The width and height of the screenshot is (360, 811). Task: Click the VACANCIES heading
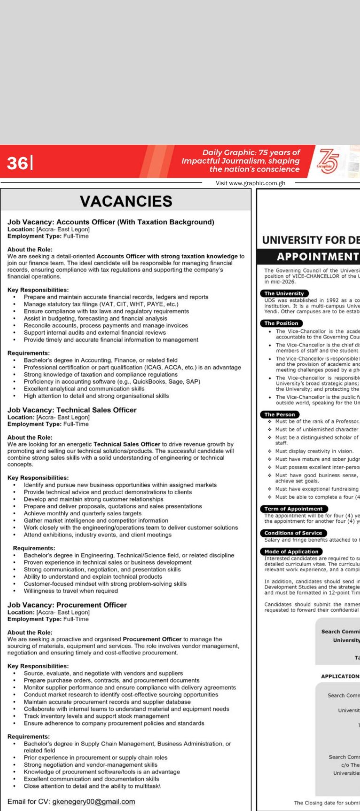click(126, 201)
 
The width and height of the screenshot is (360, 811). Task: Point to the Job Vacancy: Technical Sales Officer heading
click(72, 410)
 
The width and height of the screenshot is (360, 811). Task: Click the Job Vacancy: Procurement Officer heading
click(67, 605)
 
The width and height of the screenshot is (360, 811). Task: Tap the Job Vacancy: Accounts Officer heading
click(110, 222)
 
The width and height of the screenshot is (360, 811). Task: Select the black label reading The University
click(284, 293)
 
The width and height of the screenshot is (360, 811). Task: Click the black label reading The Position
click(281, 323)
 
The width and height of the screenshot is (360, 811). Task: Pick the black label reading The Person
click(280, 415)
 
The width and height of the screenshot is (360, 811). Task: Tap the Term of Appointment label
click(293, 509)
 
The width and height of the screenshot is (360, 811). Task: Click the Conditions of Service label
click(293, 533)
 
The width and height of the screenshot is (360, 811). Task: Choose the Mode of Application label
click(291, 551)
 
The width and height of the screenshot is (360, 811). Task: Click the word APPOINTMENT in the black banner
click(318, 257)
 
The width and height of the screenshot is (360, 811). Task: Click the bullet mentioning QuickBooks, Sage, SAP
click(112, 382)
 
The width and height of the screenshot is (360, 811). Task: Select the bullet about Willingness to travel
click(71, 591)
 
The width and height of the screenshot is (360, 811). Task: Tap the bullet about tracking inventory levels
click(96, 716)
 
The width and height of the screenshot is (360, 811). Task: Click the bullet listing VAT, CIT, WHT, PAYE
click(101, 304)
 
